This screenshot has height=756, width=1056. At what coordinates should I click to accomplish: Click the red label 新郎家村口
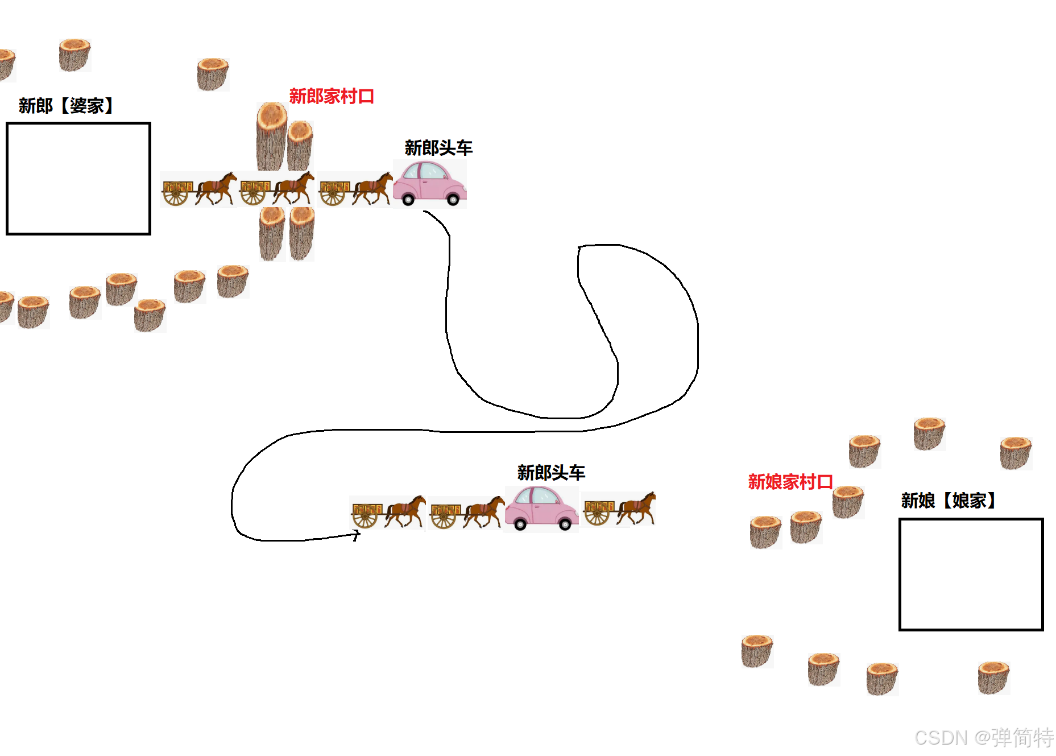click(332, 96)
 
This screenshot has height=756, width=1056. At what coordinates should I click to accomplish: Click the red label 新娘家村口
click(790, 482)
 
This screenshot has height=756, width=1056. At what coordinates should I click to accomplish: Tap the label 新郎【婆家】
click(66, 106)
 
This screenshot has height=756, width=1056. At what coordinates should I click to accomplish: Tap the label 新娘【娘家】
click(948, 501)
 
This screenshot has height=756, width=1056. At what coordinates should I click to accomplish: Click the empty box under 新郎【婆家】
click(78, 178)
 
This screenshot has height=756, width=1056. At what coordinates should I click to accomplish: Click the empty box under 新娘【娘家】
click(971, 574)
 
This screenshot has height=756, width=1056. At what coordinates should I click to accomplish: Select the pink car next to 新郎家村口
click(429, 183)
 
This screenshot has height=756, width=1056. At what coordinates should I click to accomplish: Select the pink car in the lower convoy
click(541, 508)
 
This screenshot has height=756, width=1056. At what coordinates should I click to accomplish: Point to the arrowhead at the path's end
click(357, 535)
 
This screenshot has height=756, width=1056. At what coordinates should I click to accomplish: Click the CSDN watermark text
click(983, 738)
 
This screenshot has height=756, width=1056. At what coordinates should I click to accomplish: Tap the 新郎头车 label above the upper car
click(438, 148)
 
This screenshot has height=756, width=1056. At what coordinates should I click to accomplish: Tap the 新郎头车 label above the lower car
click(551, 472)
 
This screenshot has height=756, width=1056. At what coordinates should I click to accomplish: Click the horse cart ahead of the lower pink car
click(619, 509)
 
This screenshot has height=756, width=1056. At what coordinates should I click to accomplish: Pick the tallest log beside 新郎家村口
click(271, 137)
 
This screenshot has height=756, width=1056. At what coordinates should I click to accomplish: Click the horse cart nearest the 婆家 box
click(198, 189)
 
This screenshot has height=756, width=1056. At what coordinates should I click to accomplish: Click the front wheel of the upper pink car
click(453, 200)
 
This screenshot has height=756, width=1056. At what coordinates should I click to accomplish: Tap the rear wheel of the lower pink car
click(520, 524)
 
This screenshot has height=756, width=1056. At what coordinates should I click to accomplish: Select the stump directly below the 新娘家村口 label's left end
click(765, 532)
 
